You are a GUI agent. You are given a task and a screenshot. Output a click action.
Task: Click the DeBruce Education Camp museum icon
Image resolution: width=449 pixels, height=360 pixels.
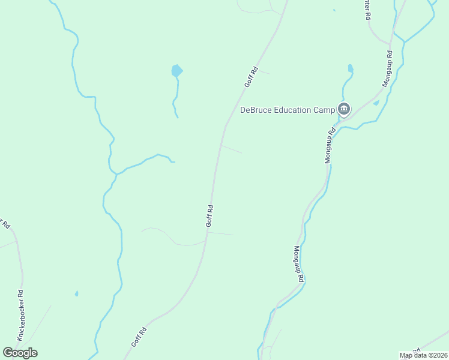coord(344,109)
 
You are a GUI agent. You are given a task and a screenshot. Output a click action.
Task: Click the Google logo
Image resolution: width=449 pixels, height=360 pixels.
coord(20,352)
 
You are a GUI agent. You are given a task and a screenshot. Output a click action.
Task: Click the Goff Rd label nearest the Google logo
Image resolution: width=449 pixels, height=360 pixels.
coord(139,337)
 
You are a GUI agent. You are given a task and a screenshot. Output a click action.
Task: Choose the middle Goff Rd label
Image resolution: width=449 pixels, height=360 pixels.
coord(209,216)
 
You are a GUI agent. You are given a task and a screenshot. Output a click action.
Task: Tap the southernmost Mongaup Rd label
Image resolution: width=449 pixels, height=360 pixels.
coord(298,265)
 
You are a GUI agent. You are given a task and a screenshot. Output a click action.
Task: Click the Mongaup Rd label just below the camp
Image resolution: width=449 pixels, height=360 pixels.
coord(330,146)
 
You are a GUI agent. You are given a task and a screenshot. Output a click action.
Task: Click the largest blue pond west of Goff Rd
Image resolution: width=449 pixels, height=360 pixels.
coord(176,71)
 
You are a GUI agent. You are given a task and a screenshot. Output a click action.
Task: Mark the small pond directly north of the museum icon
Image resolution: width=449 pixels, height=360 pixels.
coord(350,68)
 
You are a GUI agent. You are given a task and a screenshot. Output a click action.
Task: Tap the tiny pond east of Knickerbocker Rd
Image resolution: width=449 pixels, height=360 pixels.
coord(76,293)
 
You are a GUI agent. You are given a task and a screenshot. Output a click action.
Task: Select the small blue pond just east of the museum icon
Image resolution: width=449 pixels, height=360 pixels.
coord(376,103)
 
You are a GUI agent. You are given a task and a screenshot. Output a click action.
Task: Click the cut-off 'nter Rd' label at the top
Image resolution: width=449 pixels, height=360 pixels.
coord(366,9)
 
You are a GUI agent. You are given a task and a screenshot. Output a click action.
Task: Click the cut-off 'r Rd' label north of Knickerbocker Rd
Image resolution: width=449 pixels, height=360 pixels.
coord(6,224)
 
